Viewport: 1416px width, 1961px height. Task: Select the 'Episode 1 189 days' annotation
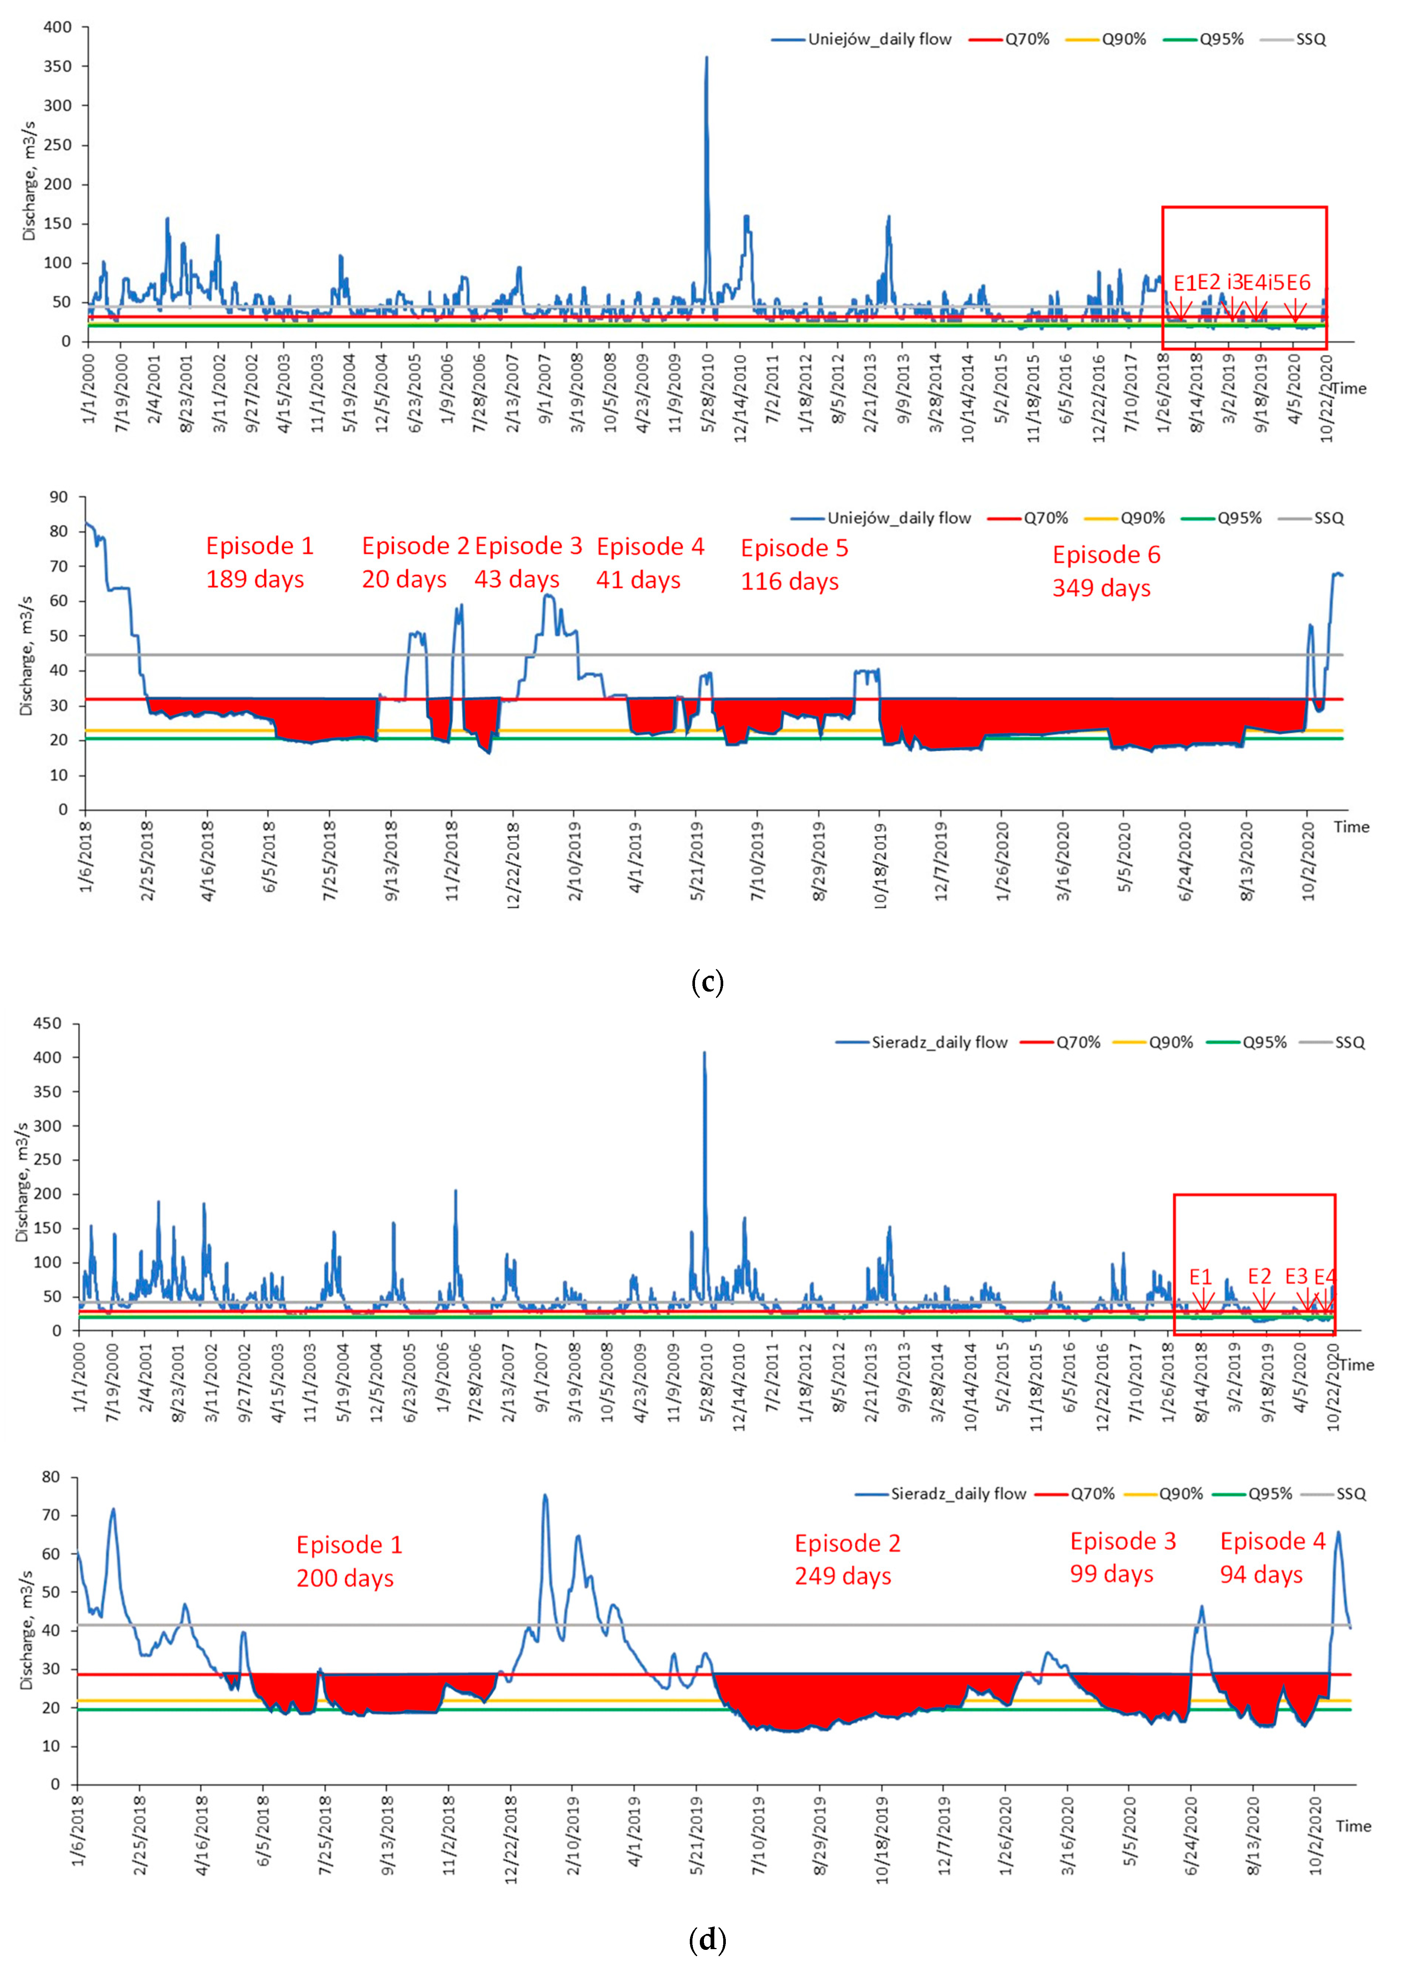click(258, 562)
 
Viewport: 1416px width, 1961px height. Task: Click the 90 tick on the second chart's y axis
click(58, 497)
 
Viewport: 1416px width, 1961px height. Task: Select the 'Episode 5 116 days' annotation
click(794, 564)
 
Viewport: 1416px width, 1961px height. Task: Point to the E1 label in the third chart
click(1200, 1277)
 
